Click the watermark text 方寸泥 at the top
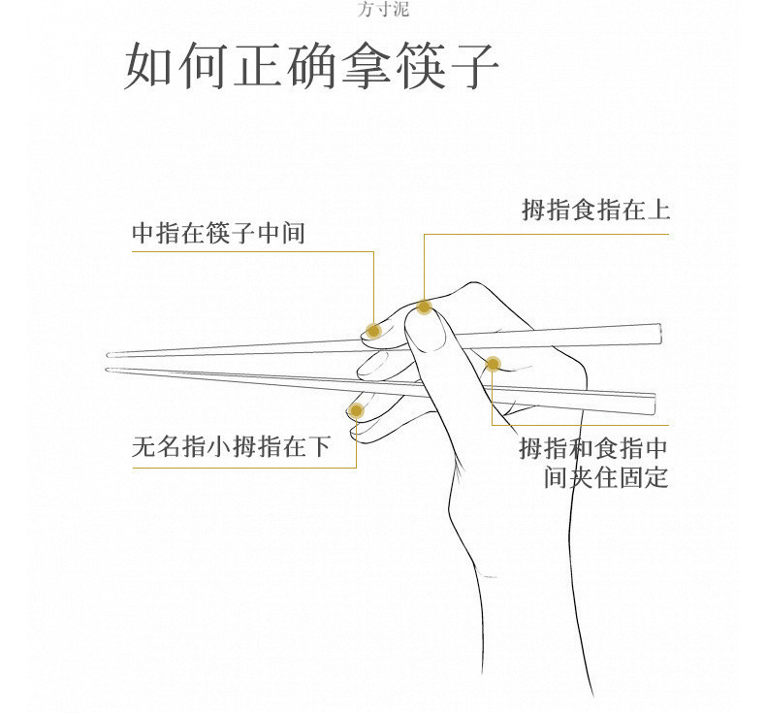click(383, 11)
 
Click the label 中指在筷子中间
click(218, 234)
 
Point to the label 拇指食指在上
click(595, 211)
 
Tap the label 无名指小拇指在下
click(231, 447)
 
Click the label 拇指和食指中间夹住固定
click(594, 463)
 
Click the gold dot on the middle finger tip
click(373, 331)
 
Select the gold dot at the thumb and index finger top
click(424, 308)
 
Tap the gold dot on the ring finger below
click(356, 411)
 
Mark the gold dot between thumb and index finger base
click(493, 364)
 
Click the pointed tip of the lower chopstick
click(109, 369)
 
